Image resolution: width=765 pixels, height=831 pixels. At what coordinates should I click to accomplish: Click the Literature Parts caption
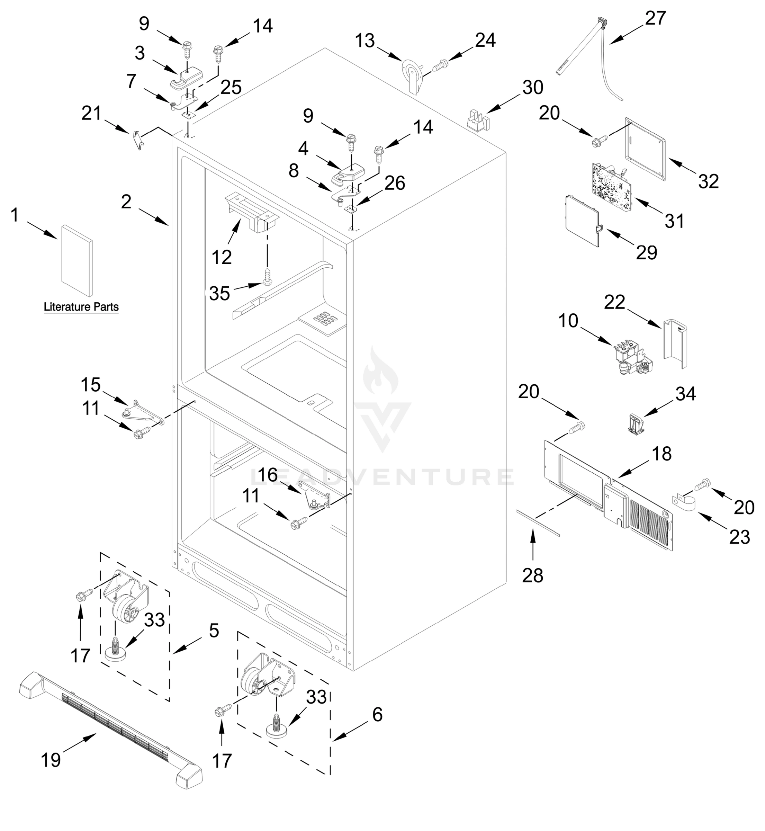(x=81, y=307)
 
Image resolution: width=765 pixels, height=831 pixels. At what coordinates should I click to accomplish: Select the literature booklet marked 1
(x=77, y=260)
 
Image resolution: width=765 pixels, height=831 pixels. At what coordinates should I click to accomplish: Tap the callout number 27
(x=655, y=18)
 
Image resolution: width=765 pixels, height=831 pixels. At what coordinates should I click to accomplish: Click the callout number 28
(x=532, y=575)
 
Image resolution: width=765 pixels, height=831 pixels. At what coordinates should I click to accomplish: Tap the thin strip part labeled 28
(x=538, y=523)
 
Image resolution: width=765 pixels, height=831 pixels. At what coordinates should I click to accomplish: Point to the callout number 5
(x=214, y=631)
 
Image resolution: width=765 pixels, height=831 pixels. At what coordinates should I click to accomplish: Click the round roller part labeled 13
(x=412, y=72)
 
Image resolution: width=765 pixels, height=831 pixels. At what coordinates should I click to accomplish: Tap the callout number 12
(x=222, y=258)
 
